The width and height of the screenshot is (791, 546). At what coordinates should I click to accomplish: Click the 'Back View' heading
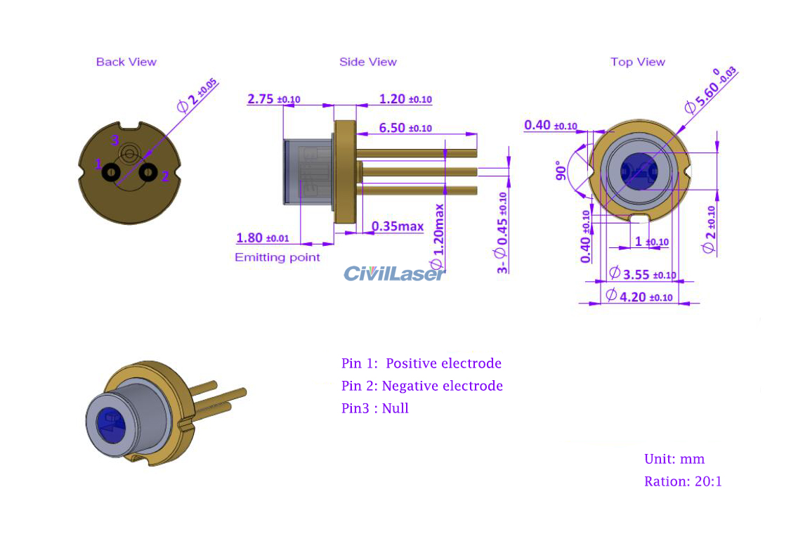[x=126, y=62]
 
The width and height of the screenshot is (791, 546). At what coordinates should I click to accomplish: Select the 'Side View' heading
[x=367, y=62]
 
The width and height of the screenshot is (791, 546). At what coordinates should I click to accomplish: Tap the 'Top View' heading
[x=637, y=62]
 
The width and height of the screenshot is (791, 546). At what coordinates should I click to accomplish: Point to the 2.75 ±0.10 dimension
[x=273, y=99]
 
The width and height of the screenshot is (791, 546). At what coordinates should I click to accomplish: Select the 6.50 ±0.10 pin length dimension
[x=405, y=128]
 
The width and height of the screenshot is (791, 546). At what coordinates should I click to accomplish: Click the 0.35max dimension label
[x=398, y=226]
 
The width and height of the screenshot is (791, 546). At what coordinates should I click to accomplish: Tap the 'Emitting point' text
[x=277, y=257]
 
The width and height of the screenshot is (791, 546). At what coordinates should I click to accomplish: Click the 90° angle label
[x=561, y=171]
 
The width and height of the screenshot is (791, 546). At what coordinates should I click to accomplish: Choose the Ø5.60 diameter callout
[x=710, y=90]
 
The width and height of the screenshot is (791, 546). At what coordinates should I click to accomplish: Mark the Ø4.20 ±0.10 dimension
[x=639, y=297]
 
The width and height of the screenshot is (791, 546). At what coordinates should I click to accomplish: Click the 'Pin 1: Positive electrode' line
[x=421, y=363]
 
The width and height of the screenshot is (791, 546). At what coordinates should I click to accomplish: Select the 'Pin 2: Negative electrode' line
[x=422, y=386]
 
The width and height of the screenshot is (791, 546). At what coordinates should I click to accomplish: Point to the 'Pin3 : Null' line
[x=374, y=408]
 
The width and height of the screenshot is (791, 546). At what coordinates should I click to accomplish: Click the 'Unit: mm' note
[x=674, y=459]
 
